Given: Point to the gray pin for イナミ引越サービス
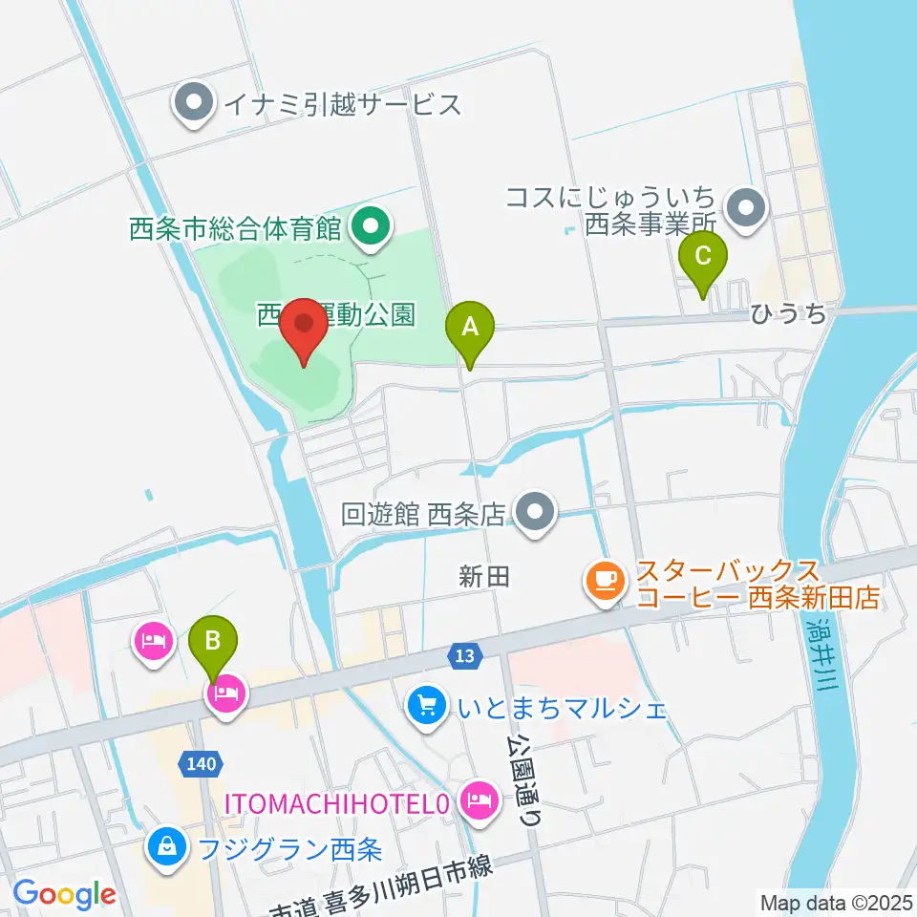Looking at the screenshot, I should click(x=195, y=105).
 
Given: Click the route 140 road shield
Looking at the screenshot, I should click(x=202, y=762).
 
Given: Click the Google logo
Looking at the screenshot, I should click(x=63, y=894).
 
